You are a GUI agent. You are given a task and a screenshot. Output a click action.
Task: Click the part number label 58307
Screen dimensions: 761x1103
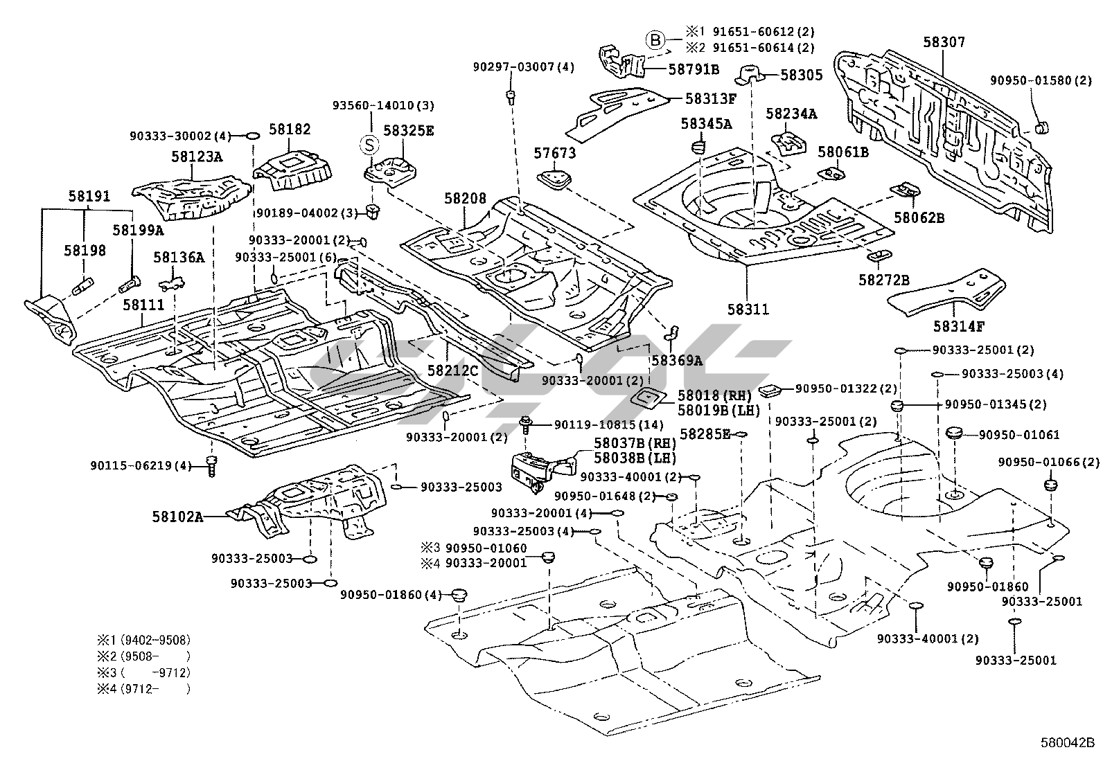943,42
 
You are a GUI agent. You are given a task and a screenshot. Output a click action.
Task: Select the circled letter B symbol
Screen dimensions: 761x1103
656,40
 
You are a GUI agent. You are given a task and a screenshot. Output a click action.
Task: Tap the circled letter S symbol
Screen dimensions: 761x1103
370,145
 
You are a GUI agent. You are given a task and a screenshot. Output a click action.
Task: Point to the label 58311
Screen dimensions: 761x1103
748,310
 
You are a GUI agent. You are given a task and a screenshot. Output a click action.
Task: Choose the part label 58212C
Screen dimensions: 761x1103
452,370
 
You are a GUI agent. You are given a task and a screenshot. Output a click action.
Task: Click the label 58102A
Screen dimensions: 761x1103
178,516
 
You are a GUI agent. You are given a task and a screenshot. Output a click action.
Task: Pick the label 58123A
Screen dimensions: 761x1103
197,157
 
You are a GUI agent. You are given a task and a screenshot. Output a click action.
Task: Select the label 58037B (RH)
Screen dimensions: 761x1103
635,442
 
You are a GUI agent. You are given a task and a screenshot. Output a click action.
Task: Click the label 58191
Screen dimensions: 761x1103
89,197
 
